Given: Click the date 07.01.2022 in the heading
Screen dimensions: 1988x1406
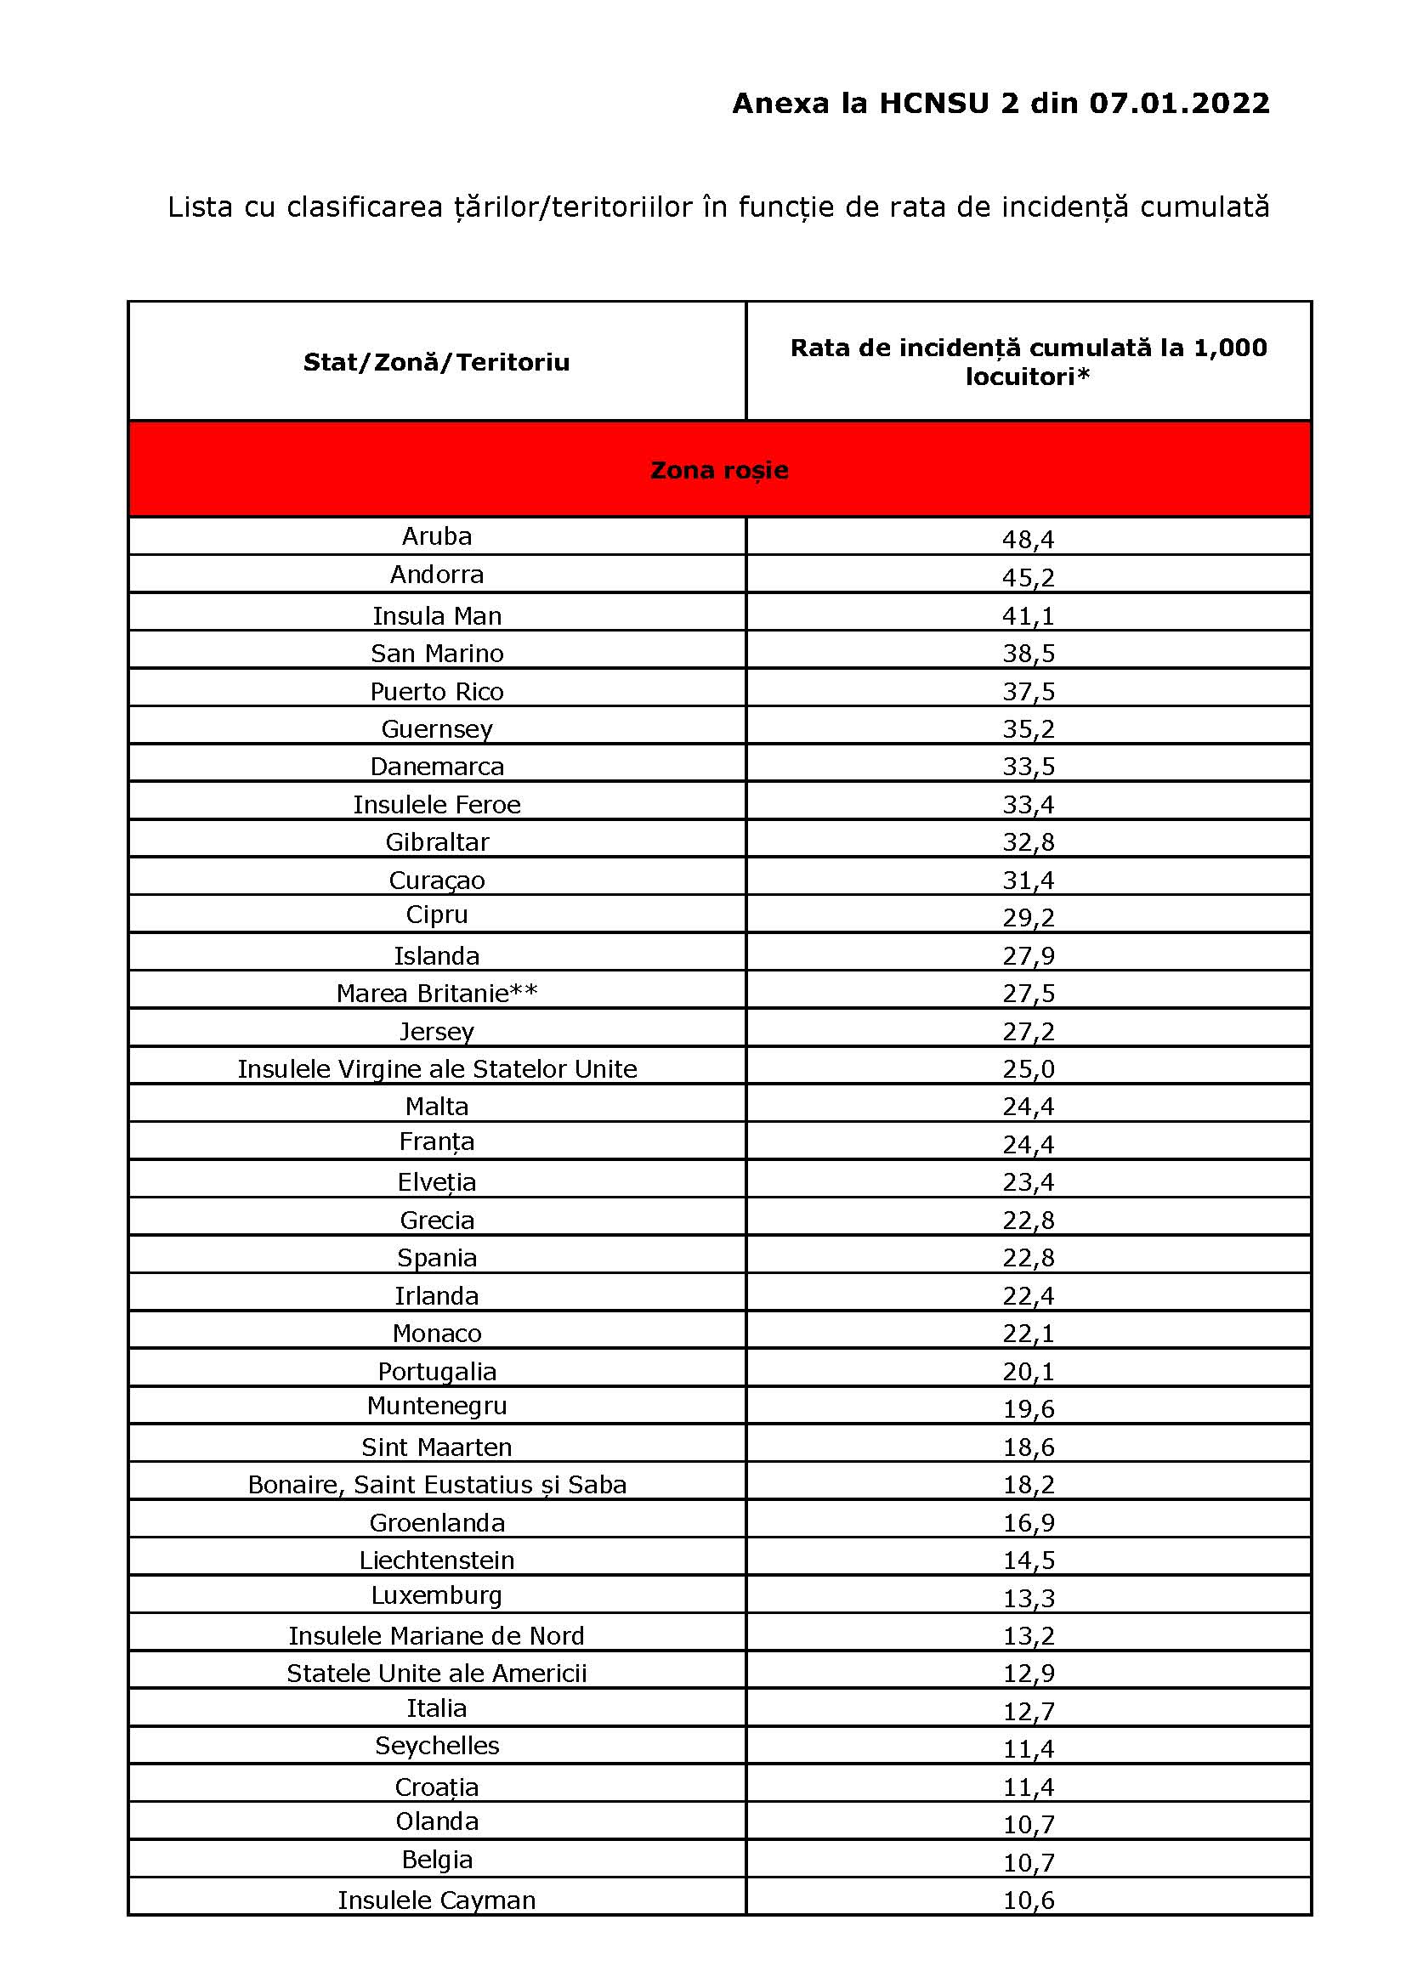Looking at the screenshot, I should [1178, 104].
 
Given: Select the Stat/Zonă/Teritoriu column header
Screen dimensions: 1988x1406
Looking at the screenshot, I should [436, 362].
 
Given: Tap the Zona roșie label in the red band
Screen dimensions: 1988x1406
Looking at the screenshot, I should [718, 470].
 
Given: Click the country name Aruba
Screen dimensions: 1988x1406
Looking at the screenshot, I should [436, 536].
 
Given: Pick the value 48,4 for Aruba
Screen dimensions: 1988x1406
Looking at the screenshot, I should [1028, 540].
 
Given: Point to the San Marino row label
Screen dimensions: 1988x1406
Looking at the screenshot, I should [436, 653].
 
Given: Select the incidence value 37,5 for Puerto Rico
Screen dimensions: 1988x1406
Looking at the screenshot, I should [1028, 692].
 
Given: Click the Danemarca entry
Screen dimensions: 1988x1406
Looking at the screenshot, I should [436, 767].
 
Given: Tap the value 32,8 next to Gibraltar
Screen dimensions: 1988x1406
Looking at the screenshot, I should [1028, 842].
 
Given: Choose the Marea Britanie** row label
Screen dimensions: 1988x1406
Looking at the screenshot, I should [436, 993].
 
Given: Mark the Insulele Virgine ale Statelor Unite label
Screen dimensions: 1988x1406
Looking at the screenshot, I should [436, 1069].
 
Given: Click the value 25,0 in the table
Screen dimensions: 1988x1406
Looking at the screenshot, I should [1028, 1069].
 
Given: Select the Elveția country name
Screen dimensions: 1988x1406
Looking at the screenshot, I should [436, 1182].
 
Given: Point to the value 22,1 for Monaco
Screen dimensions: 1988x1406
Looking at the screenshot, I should [1028, 1334].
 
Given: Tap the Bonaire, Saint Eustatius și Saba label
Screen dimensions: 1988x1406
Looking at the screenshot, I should [436, 1485].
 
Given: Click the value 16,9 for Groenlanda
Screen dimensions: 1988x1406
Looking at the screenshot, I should [1028, 1523].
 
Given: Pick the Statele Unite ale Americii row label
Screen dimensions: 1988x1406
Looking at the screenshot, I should [436, 1674].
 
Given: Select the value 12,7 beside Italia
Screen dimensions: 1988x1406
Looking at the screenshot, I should [1028, 1712].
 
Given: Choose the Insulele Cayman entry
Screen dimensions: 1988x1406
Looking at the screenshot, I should [436, 1900].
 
